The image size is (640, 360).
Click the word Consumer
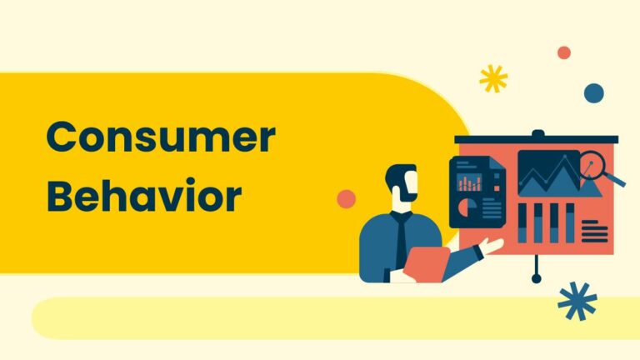pyautogui.click(x=160, y=138)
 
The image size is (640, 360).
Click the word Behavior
pyautogui.click(x=143, y=197)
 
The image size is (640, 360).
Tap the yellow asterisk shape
pyautogui.click(x=493, y=79)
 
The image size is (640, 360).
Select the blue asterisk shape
pyautogui.click(x=577, y=301)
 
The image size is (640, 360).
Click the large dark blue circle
pyautogui.click(x=593, y=92)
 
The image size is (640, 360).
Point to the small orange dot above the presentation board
pyautogui.click(x=564, y=52)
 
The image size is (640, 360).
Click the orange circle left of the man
pyautogui.click(x=346, y=199)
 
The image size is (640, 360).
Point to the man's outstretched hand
pyautogui.click(x=491, y=247)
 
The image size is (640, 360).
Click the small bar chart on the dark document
pyautogui.click(x=470, y=181)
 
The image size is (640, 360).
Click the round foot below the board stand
pyautogui.click(x=537, y=277)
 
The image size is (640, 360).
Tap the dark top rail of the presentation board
pyautogui.click(x=536, y=139)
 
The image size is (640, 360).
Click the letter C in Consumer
pyautogui.click(x=61, y=138)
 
